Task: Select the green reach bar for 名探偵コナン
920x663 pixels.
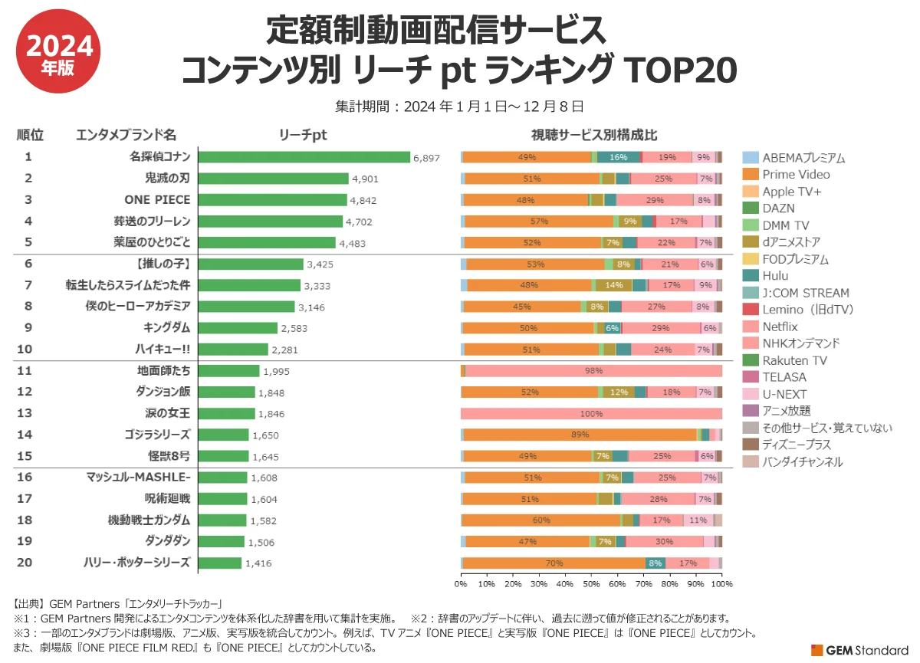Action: tap(304, 157)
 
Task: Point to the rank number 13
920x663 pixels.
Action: tap(25, 413)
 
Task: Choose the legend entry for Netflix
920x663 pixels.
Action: tap(780, 327)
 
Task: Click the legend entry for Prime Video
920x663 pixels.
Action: tap(795, 175)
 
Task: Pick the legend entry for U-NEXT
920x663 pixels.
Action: tap(781, 394)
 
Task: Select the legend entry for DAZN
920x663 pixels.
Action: tap(777, 208)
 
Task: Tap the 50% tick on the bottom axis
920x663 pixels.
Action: tap(591, 584)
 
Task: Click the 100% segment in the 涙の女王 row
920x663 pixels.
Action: tap(591, 414)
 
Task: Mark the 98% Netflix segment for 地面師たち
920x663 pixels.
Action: tap(593, 371)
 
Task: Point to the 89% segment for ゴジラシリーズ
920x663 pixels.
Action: tap(580, 435)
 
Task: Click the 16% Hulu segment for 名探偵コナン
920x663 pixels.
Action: tap(619, 157)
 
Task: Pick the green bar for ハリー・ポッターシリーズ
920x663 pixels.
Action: tap(220, 563)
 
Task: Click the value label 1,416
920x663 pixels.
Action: tap(258, 563)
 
